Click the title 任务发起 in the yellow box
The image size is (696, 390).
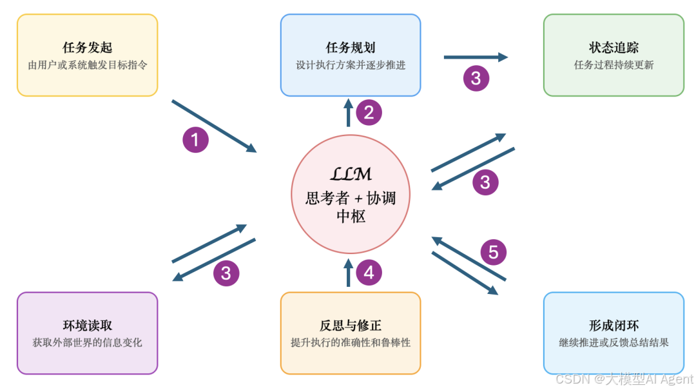click(87, 48)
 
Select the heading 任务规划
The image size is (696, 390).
click(351, 48)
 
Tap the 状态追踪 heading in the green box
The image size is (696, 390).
click(614, 48)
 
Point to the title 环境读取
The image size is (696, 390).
click(87, 326)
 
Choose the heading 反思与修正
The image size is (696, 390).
click(351, 326)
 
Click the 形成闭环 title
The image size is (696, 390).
click(614, 326)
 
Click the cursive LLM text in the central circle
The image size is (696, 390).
click(351, 174)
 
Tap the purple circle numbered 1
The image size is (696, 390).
click(195, 139)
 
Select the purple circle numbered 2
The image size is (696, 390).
click(369, 113)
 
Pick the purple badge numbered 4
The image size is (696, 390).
click(369, 273)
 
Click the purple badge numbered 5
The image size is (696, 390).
click(493, 251)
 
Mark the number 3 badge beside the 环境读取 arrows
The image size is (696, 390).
click(226, 273)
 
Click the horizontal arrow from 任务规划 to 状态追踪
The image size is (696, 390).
click(476, 57)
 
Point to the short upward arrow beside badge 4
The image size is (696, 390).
click(349, 272)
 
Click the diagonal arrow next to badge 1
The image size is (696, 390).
click(214, 126)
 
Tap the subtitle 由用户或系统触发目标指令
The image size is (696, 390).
click(87, 65)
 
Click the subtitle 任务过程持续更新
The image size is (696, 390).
click(614, 65)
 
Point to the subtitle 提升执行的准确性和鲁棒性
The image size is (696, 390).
click(351, 342)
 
